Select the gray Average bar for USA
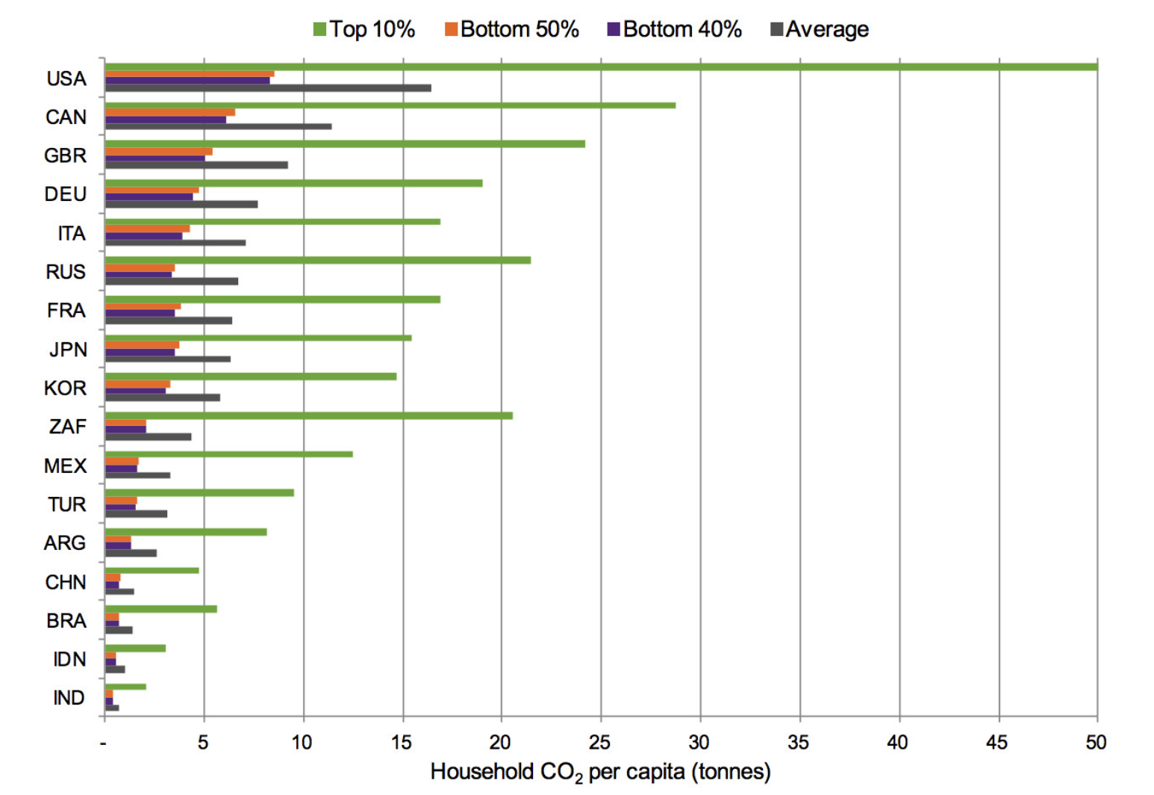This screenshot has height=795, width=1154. pyautogui.click(x=268, y=88)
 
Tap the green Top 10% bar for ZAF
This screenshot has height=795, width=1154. pyautogui.click(x=308, y=415)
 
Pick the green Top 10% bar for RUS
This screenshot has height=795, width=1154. pyautogui.click(x=317, y=260)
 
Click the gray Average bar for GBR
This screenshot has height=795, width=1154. pyautogui.click(x=196, y=165)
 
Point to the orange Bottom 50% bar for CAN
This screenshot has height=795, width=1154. pyautogui.click(x=170, y=113)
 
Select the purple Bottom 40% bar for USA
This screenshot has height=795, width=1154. pyautogui.click(x=187, y=81)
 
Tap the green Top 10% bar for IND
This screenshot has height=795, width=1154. pyautogui.click(x=125, y=687)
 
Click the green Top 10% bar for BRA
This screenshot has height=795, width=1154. pyautogui.click(x=160, y=609)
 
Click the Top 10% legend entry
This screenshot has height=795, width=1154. pyautogui.click(x=364, y=29)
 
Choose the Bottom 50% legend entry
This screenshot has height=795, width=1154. pyautogui.click(x=512, y=29)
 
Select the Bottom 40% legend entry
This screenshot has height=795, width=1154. pyautogui.click(x=675, y=29)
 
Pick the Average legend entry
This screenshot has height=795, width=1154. pyautogui.click(x=820, y=29)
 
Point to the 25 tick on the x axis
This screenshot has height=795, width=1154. pyautogui.click(x=599, y=742)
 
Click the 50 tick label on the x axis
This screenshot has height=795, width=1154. pyautogui.click(x=1096, y=742)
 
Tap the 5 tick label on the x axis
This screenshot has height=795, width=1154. pyautogui.click(x=203, y=742)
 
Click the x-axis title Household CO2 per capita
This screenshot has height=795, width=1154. pyautogui.click(x=600, y=772)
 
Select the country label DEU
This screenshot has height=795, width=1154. pyautogui.click(x=66, y=194)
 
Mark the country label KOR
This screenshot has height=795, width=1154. pyautogui.click(x=66, y=389)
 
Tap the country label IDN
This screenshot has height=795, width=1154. pyautogui.click(x=69, y=660)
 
